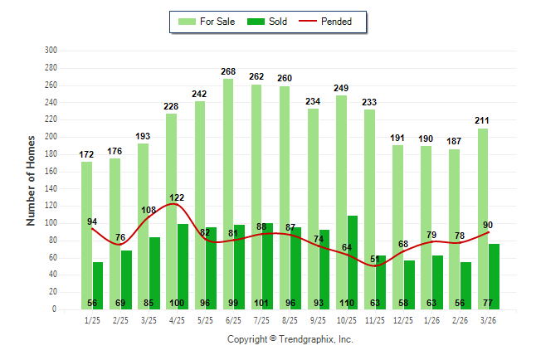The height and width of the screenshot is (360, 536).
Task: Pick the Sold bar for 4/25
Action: pos(183,266)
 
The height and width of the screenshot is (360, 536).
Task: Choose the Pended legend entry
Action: pos(334,22)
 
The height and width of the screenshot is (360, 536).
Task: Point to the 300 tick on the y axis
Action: pos(51,51)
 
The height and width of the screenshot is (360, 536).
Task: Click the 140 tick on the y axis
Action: pos(51,188)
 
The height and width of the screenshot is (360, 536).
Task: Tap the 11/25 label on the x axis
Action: pos(375,320)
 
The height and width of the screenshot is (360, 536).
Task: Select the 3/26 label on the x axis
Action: pos(488,320)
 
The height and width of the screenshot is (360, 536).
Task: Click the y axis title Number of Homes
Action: pos(32,180)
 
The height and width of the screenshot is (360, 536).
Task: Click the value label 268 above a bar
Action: pos(228,72)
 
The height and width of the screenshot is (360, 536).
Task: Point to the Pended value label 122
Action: pos(178,197)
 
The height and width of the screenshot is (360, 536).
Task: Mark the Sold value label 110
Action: pos(347,304)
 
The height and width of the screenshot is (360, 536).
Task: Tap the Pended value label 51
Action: pos(375,260)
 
